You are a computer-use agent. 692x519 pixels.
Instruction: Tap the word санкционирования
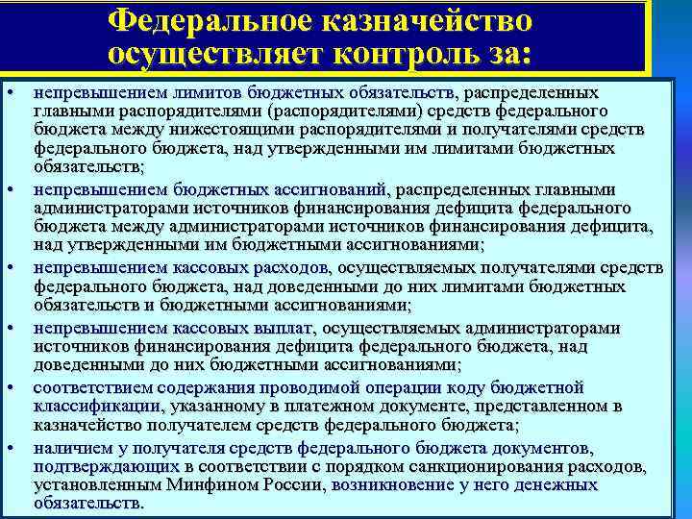[x=509, y=466]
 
